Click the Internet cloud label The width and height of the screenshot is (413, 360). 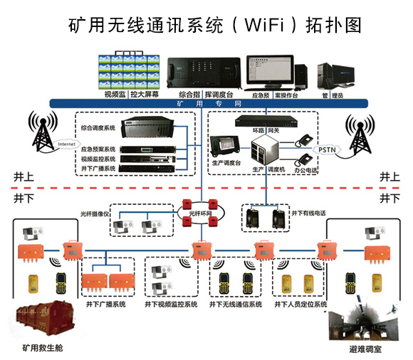coord(67,144)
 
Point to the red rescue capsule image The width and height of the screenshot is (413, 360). coord(42,324)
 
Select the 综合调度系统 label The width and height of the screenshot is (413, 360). coord(98,128)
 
